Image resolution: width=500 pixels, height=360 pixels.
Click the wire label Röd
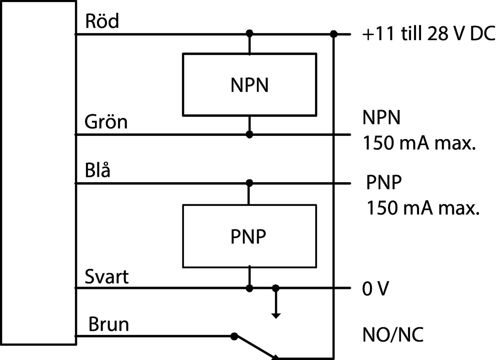coord(102,21)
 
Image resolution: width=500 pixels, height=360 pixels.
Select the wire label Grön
coord(106,122)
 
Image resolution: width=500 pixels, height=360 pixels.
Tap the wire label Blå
coord(97,170)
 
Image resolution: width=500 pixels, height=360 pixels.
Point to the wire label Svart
coord(106,277)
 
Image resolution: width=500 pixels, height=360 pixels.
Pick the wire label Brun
coord(109,324)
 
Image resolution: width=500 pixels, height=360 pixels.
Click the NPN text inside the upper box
coord(249,85)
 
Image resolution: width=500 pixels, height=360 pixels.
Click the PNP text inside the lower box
coord(248,237)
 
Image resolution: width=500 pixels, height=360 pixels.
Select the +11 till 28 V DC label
coord(428,34)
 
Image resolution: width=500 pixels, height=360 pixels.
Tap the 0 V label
coord(375,289)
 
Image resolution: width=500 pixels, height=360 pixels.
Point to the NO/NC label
coord(393,335)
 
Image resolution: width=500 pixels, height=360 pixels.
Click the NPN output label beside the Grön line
coord(381,117)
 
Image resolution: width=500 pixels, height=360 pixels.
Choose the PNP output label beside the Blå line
coord(384,182)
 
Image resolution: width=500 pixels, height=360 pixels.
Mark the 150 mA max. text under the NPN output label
coord(419,143)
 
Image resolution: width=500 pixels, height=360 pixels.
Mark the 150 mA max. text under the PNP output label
coord(423,208)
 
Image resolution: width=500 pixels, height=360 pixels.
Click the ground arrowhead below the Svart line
coord(276,316)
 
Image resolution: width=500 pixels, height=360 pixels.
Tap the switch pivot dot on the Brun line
coord(234,336)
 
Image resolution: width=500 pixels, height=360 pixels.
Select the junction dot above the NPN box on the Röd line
coord(249,33)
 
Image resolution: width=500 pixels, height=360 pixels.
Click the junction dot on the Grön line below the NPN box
coord(249,134)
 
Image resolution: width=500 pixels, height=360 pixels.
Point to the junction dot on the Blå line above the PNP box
coord(249,183)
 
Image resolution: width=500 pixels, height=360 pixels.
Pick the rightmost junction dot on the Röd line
coord(333,34)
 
